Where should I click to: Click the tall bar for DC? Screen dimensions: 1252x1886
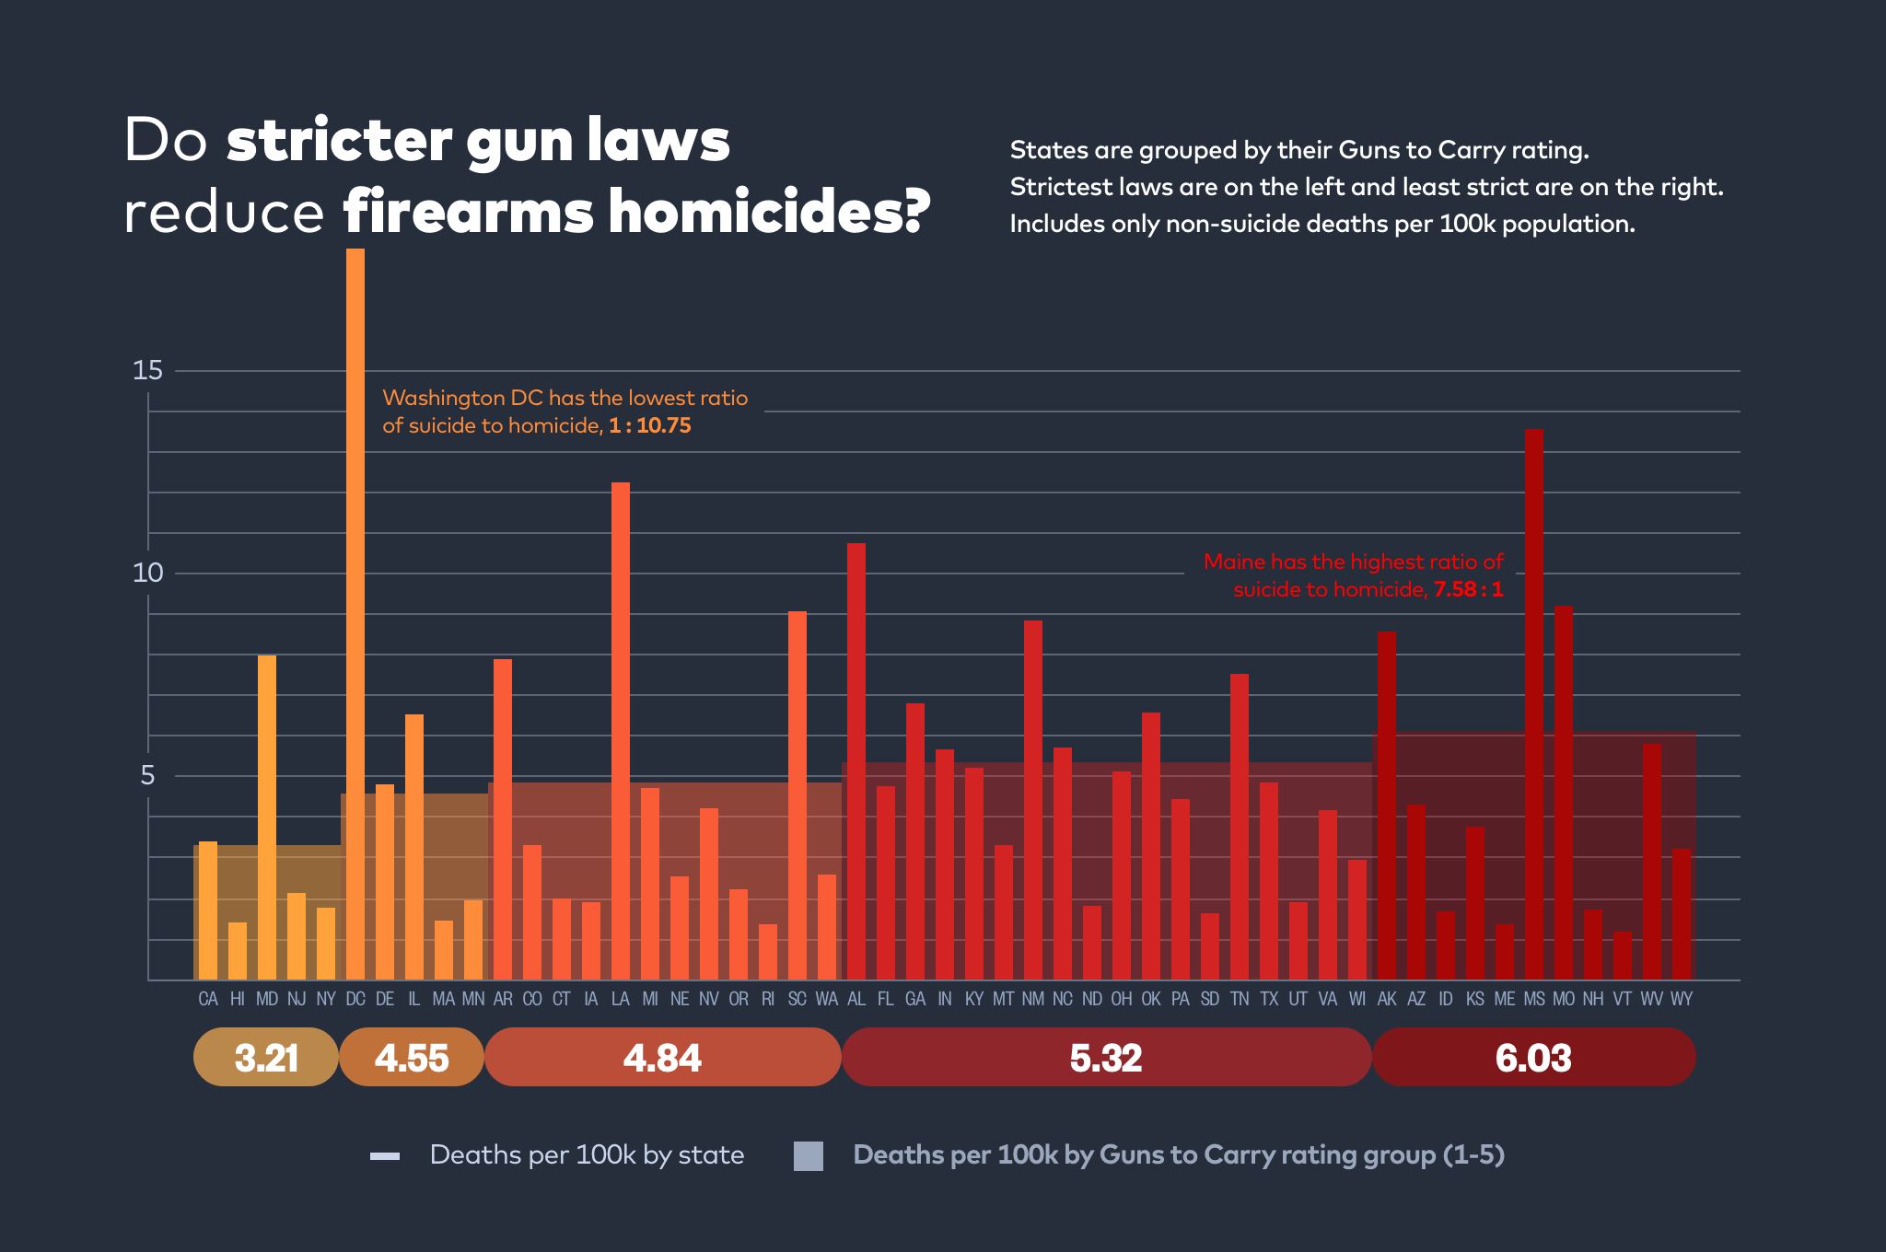point(355,608)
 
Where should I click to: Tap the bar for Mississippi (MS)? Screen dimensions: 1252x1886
point(1533,700)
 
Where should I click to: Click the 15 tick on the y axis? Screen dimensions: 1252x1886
point(147,370)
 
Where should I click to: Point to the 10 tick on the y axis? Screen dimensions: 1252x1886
point(147,573)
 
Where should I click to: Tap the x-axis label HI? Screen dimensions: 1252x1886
point(238,999)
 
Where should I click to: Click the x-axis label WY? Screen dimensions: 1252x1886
point(1681,999)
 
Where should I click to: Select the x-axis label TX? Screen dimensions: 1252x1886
point(1269,999)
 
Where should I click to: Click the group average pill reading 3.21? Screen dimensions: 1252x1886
point(266,1057)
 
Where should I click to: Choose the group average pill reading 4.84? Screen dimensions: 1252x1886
point(662,1057)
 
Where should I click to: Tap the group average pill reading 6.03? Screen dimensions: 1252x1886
point(1533,1057)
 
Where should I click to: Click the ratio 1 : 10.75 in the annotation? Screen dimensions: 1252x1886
point(649,425)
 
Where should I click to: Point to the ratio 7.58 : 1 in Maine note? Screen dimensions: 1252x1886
point(1468,589)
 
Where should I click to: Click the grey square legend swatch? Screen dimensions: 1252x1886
point(809,1155)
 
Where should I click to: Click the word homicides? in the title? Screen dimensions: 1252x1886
point(769,212)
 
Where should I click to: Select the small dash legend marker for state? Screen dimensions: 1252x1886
point(385,1156)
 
